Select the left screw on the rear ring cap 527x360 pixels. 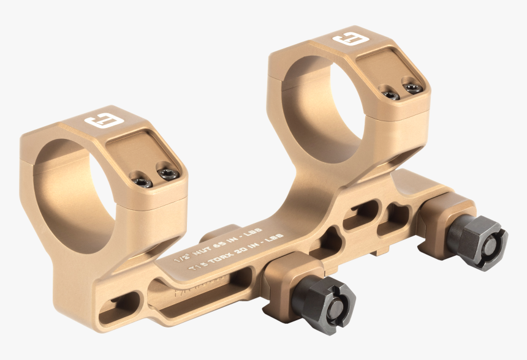tap(387, 92)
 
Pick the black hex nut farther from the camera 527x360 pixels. tap(477, 242)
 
